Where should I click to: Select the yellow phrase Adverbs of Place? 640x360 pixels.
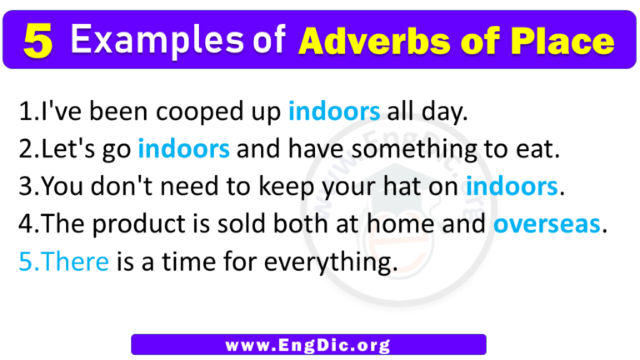coord(456,40)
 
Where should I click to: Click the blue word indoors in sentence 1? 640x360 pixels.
coord(334,112)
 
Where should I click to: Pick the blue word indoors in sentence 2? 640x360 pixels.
coord(183,151)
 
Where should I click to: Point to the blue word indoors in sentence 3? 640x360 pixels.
coord(512,187)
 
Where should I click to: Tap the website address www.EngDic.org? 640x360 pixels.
coord(308,343)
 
